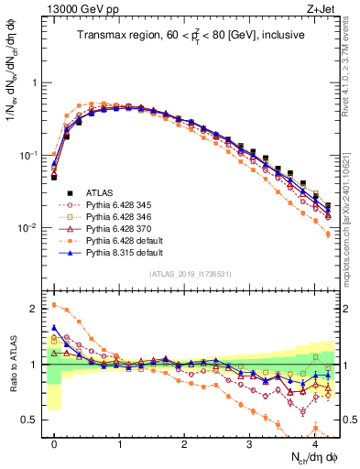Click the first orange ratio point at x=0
[x=54, y=305]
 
